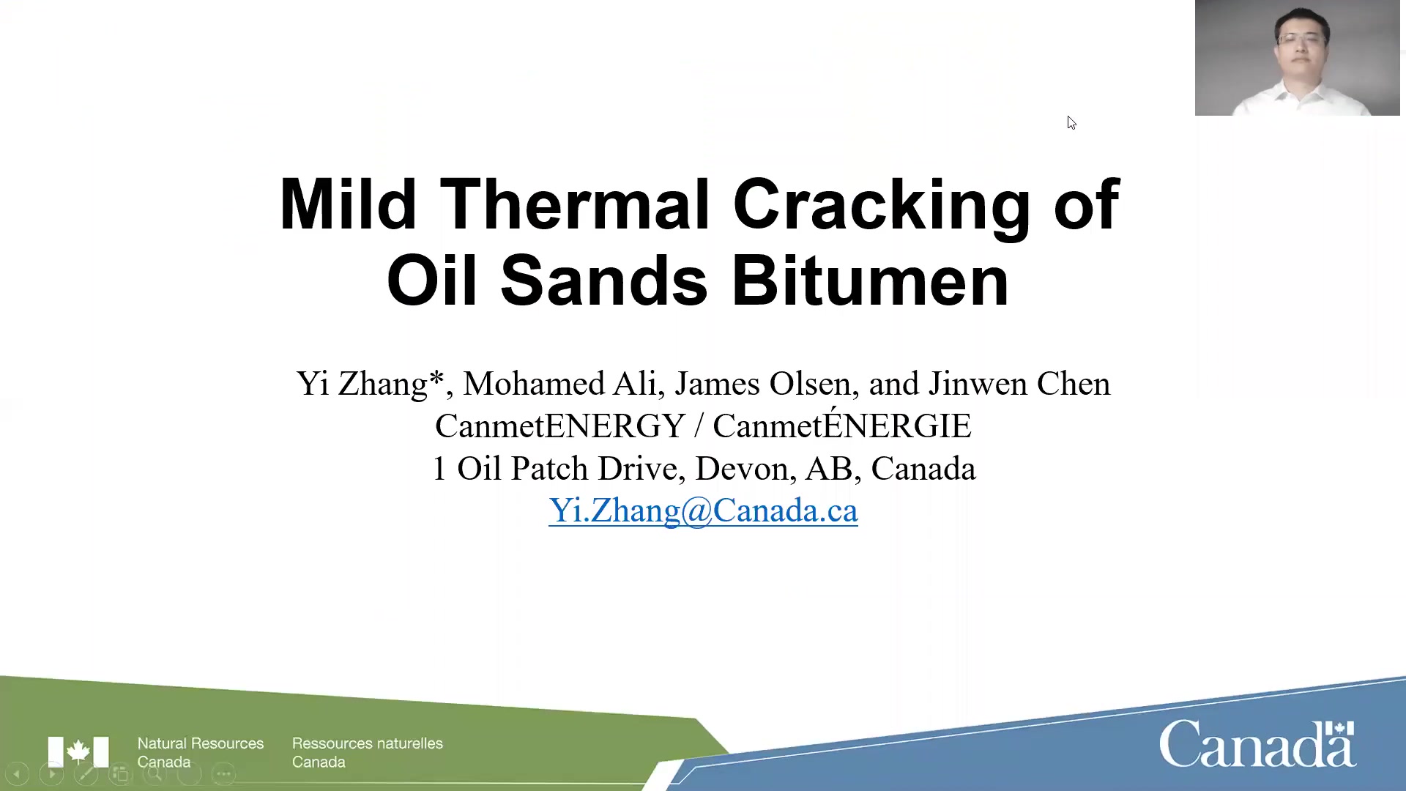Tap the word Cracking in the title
point(882,208)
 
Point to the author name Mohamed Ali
point(559,383)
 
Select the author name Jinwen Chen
point(1019,383)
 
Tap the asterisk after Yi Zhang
point(436,378)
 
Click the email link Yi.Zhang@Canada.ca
point(703,510)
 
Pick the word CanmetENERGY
point(560,426)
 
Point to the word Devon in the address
point(741,468)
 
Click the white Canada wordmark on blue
point(1257,743)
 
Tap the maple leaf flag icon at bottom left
point(78,751)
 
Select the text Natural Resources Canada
point(201,752)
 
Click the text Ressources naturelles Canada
point(368,752)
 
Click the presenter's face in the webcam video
point(1301,40)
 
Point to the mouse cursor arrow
point(1071,122)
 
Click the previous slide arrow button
point(16,773)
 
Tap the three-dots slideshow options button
point(223,773)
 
